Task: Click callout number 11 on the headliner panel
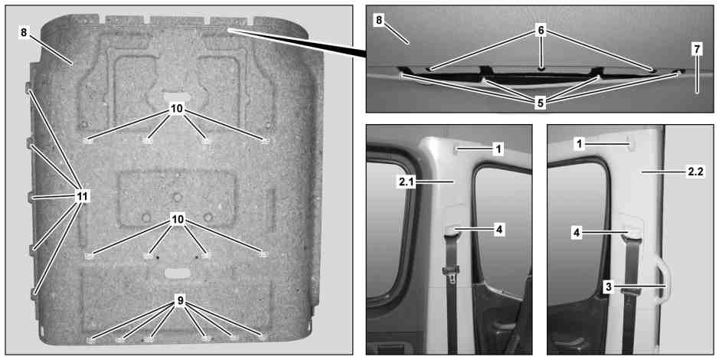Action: tap(82, 197)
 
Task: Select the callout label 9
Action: tap(180, 300)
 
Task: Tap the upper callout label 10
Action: tap(177, 108)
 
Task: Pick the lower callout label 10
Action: tap(178, 220)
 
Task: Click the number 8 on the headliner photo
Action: tap(25, 33)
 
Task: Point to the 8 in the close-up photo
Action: tap(380, 20)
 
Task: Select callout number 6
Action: tap(541, 31)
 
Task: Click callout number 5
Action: tap(540, 103)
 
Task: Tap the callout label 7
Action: tap(697, 50)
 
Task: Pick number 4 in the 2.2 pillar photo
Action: tap(577, 233)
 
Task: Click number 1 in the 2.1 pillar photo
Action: tap(498, 149)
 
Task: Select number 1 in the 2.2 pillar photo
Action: tap(579, 144)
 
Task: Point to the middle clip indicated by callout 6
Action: tap(541, 68)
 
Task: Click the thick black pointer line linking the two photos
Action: tap(297, 42)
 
